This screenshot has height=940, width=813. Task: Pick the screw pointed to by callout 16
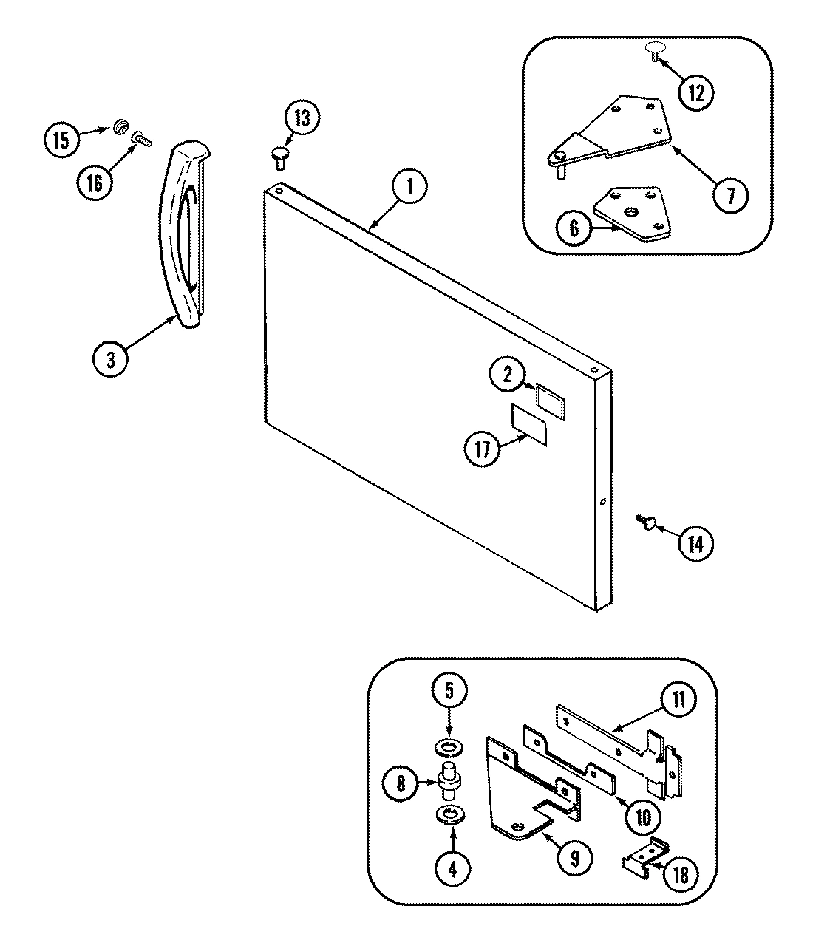pyautogui.click(x=139, y=137)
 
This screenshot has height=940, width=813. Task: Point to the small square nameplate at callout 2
pyautogui.click(x=550, y=399)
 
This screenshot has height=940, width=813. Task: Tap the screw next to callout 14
pyautogui.click(x=643, y=522)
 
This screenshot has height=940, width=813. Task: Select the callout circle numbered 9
pyautogui.click(x=579, y=857)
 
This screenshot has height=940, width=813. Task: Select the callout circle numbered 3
pyautogui.click(x=111, y=359)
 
